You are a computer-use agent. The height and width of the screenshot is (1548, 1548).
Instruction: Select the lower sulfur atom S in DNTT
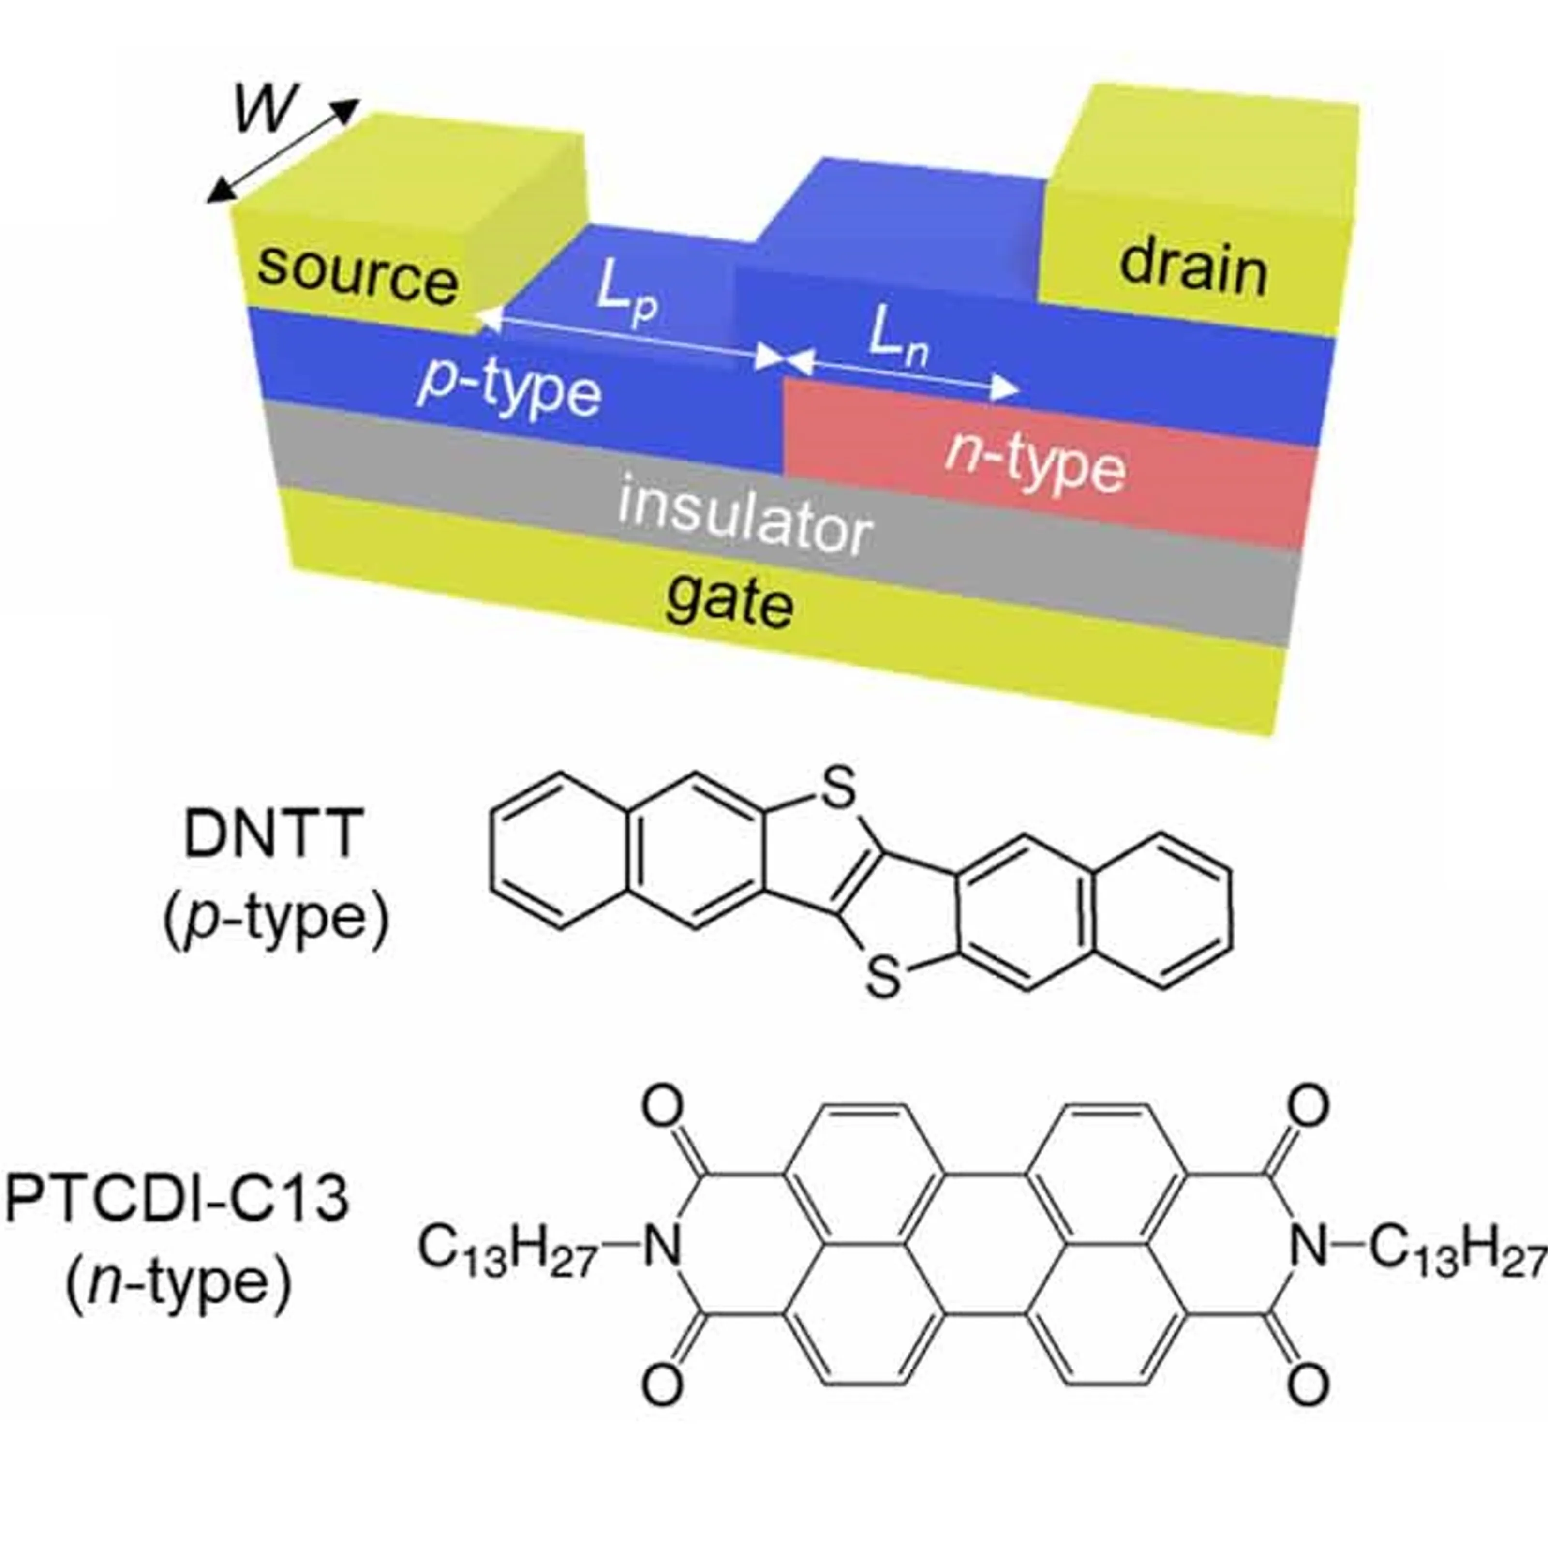click(x=884, y=979)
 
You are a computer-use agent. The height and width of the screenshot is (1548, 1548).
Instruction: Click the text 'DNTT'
click(x=273, y=834)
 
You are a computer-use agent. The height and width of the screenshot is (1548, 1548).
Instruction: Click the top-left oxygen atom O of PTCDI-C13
click(x=663, y=1108)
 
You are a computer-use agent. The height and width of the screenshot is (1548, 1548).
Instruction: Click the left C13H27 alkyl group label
click(x=507, y=1250)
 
